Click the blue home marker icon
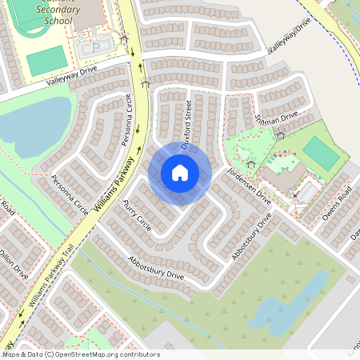point(180,173)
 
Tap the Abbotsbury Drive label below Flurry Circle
point(156,268)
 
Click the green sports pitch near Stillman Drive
point(320,152)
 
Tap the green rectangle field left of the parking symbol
point(46,58)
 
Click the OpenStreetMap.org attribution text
point(115,354)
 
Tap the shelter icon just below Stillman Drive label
point(279,136)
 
